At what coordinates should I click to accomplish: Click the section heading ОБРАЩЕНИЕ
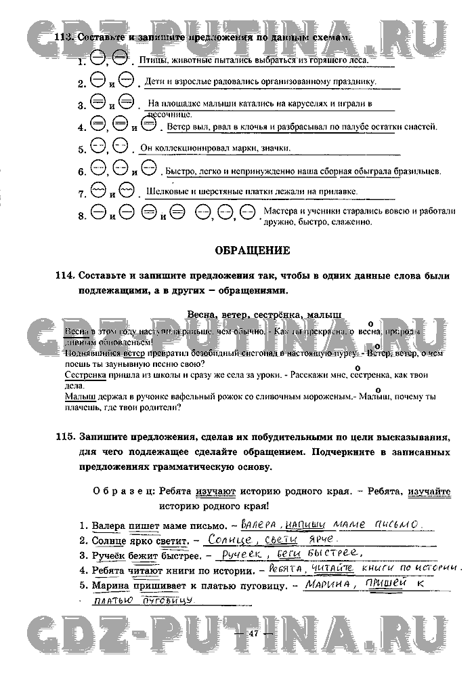point(252,250)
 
